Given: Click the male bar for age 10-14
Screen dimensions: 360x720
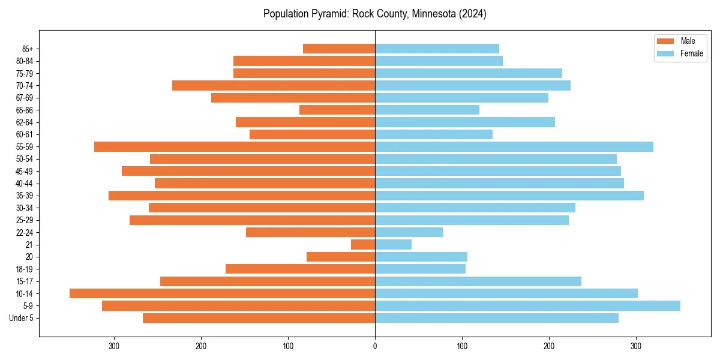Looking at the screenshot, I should tap(222, 293).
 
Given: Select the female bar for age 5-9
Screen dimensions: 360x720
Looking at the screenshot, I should tap(527, 305).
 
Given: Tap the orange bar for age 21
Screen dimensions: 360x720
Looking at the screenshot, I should tap(363, 245).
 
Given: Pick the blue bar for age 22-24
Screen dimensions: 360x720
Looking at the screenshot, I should tap(409, 232).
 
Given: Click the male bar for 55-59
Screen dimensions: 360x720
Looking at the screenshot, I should tap(235, 146).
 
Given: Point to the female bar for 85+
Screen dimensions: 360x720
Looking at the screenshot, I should tap(437, 49).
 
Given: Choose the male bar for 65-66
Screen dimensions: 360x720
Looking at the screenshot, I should tap(337, 110).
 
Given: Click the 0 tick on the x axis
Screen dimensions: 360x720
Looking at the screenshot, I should tap(375, 346).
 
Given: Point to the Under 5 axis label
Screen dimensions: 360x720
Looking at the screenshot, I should tap(21, 318).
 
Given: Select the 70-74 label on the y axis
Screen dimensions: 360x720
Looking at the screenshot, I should tap(25, 86).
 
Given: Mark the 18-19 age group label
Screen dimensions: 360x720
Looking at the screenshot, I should tap(25, 269).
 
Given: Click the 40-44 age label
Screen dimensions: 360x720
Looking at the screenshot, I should tap(25, 184).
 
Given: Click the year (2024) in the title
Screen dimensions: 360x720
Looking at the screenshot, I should tap(471, 14).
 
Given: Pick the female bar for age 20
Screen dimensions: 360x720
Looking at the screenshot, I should tap(421, 257).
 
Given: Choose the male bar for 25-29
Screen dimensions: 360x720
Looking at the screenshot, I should tap(252, 220).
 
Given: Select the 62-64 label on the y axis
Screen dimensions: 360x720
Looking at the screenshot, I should tap(25, 122).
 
